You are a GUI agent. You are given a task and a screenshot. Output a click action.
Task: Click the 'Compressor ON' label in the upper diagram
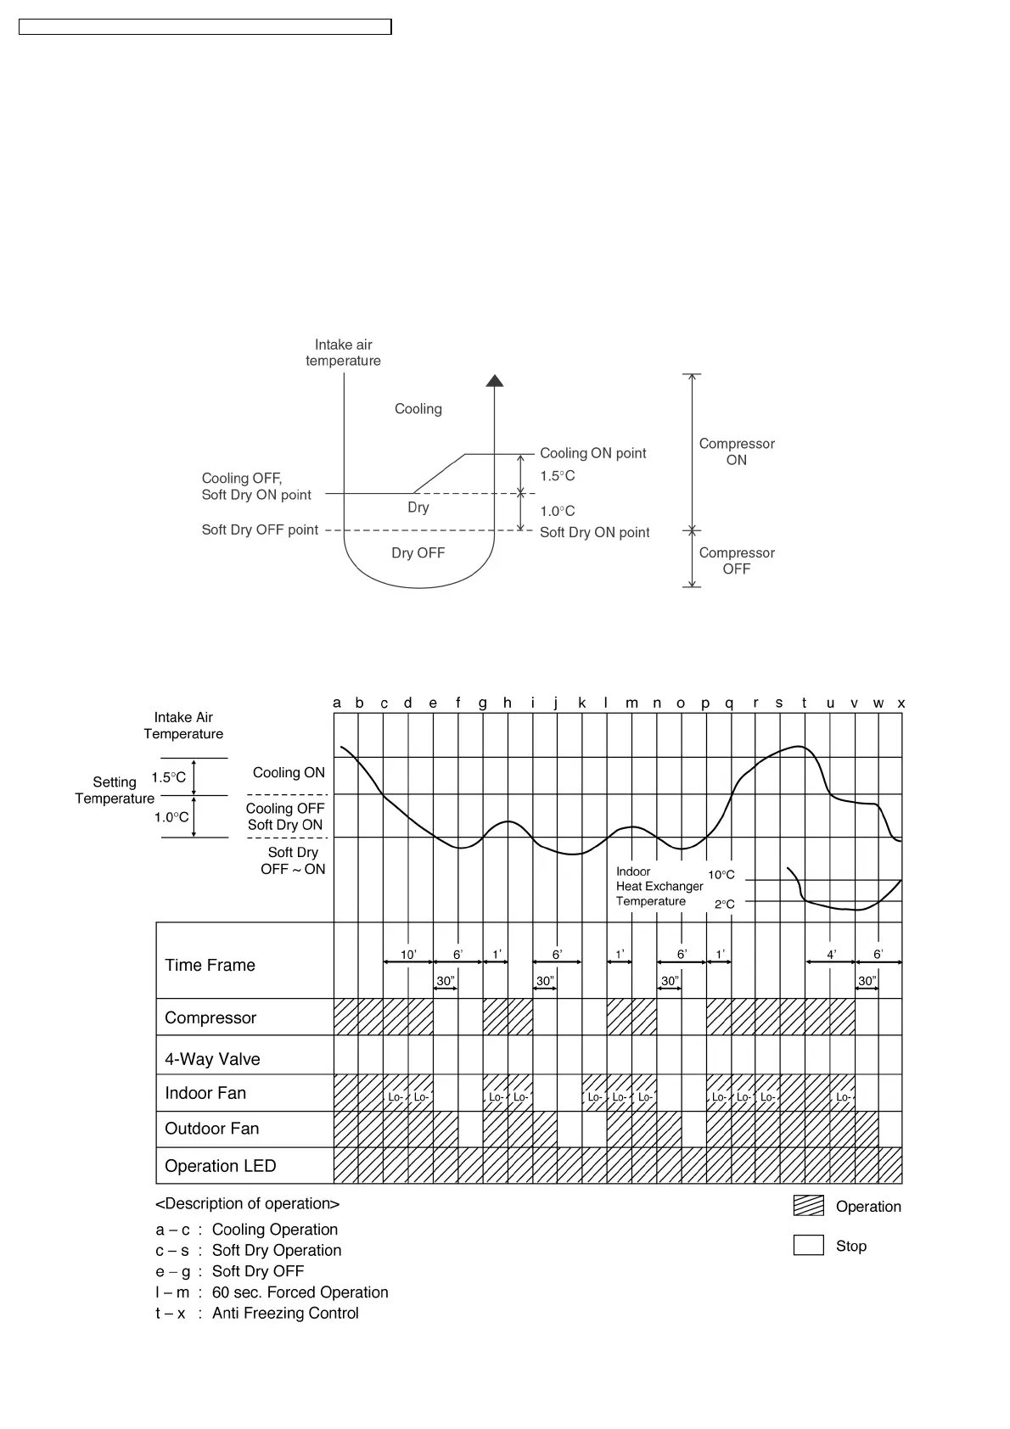pos(736,451)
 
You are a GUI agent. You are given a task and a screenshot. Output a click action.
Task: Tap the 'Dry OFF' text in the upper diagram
pos(418,553)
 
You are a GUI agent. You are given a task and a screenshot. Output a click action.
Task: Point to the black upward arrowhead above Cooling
pos(495,381)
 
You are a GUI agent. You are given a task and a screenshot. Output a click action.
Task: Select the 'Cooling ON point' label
pos(592,453)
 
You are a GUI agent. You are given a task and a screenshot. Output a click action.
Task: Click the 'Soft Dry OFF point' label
pos(260,530)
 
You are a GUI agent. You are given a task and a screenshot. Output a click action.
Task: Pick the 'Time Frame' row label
pos(210,965)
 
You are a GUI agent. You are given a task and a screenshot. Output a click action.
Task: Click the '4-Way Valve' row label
pos(212,1059)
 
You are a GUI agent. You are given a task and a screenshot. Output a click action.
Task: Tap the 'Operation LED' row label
pos(220,1166)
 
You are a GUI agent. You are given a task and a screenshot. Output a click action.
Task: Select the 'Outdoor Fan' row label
pos(211,1129)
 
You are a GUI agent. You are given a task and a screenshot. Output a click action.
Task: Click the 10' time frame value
pos(408,955)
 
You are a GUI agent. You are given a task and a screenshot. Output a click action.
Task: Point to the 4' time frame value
pos(832,955)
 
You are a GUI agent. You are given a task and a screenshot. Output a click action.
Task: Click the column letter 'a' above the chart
pos(337,703)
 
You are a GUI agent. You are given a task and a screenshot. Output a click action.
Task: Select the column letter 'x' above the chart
pos(901,703)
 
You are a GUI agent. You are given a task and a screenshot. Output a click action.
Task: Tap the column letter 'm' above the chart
pos(631,703)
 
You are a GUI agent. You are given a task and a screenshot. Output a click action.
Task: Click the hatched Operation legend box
pos(808,1206)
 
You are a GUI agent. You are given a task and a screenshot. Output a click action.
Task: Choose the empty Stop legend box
pos(808,1245)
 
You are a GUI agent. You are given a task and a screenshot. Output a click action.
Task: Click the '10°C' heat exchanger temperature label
pos(721,875)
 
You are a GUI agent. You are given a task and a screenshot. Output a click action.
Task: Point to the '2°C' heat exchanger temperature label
pos(724,905)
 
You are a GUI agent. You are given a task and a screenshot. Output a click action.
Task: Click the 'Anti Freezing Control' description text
pos(285,1313)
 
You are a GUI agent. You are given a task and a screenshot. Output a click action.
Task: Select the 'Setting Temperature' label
pos(115,790)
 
